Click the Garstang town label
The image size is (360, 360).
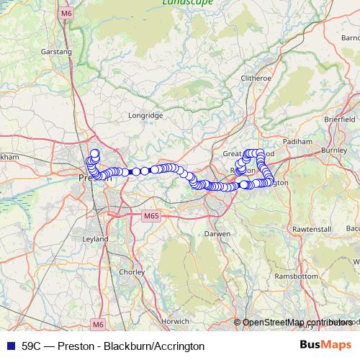pos(58,52)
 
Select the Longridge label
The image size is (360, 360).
pos(146,114)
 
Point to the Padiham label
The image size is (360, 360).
pos(298,142)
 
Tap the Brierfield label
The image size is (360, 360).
pos(340,119)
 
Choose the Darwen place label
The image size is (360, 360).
pos(217,234)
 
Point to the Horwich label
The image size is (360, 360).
pos(175,320)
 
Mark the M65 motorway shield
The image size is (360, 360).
pos(150,215)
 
